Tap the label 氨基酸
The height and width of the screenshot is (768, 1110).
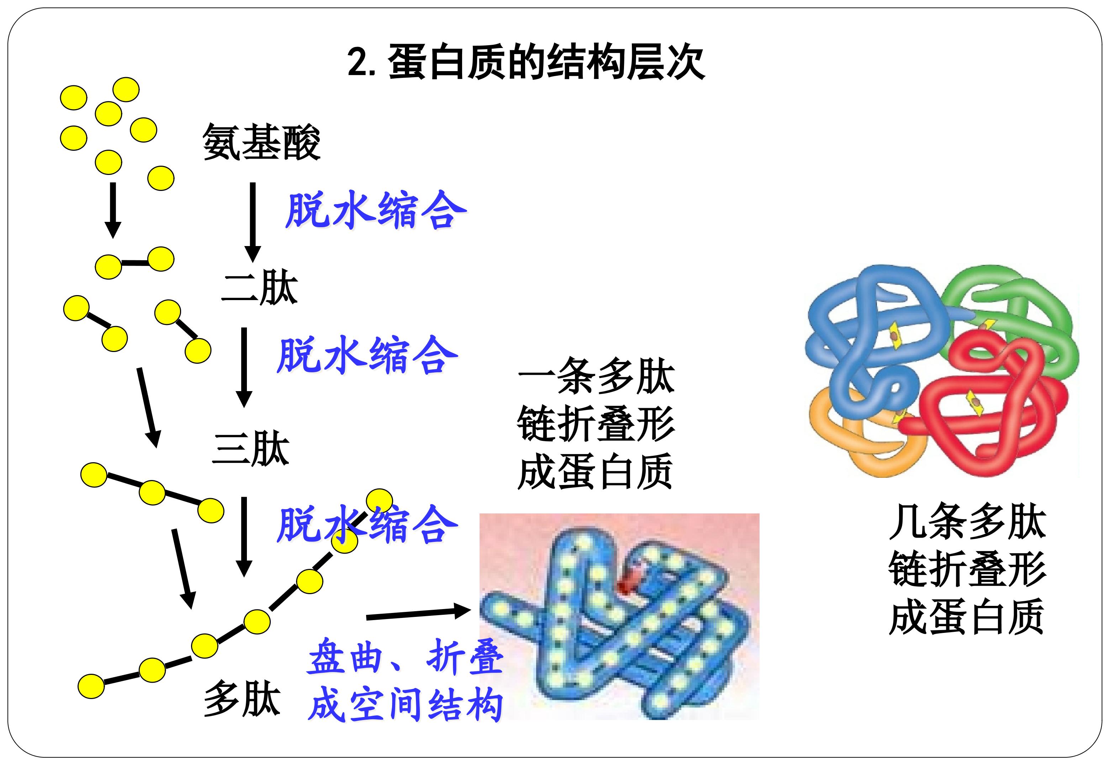pos(261,142)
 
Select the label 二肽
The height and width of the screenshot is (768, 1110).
pos(259,287)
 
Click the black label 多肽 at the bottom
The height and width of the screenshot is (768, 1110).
pos(242,699)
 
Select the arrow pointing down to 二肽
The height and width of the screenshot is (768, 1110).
pos(253,222)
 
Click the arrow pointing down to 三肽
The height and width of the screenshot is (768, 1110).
pos(244,367)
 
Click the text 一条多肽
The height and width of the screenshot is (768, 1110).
pos(596,375)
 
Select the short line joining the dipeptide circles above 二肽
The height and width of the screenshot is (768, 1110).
pos(135,263)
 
